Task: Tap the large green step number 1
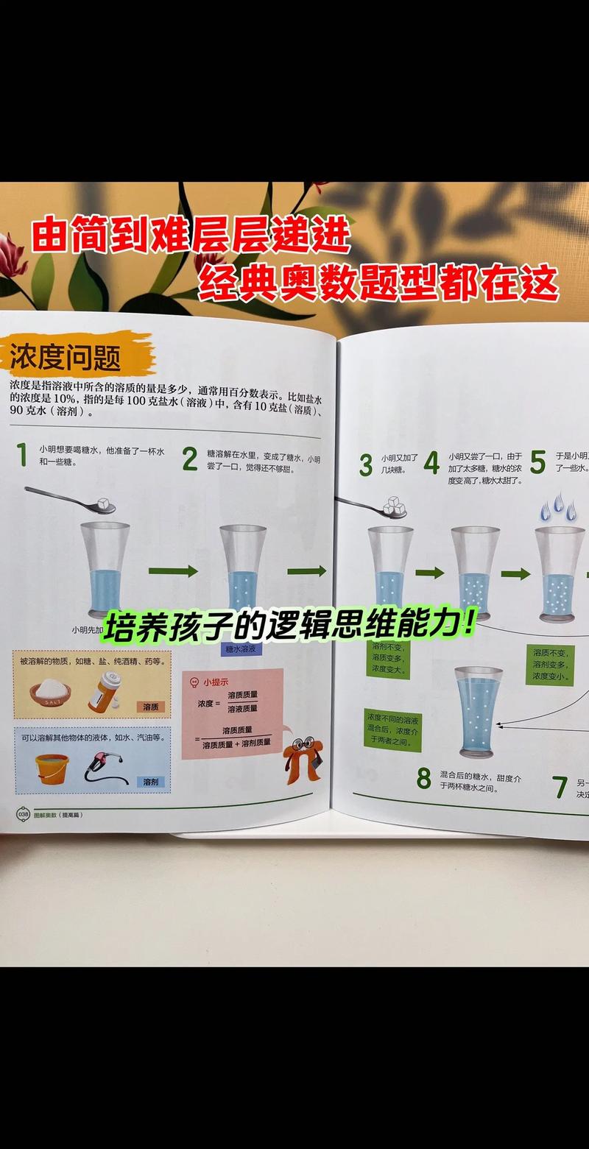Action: [x=22, y=455]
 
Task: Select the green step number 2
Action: [x=190, y=459]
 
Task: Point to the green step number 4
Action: [x=432, y=464]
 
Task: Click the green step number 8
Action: [x=423, y=778]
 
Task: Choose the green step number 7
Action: [x=560, y=788]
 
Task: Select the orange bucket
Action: [x=52, y=768]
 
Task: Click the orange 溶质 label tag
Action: [x=151, y=707]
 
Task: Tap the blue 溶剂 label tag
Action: [x=151, y=782]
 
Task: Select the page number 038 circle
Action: [x=23, y=814]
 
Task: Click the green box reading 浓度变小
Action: [x=550, y=665]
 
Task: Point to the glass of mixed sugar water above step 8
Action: [x=479, y=710]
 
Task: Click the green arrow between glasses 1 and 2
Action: [x=173, y=570]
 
